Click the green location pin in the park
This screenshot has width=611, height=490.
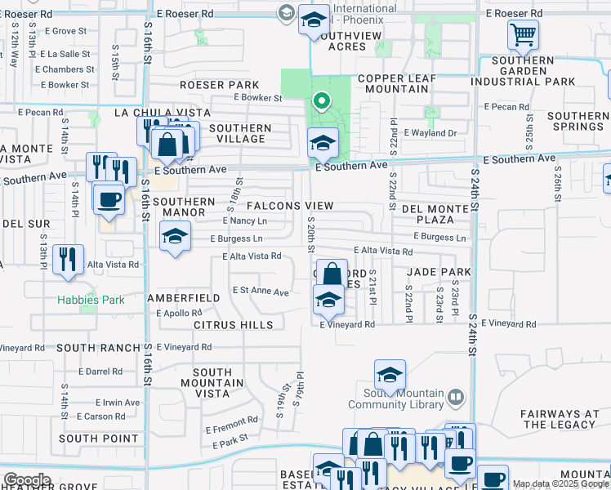[322, 102]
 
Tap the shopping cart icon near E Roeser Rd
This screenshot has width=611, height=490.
[523, 34]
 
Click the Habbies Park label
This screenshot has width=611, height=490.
[91, 300]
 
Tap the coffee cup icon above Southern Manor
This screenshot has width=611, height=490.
[109, 198]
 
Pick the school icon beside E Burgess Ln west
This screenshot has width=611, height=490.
[174, 238]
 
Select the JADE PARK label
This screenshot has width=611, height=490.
[433, 271]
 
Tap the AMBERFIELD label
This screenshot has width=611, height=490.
[183, 298]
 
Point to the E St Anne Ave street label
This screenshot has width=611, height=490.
[261, 292]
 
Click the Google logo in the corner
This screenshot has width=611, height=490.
[27, 480]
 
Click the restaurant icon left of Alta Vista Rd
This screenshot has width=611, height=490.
[68, 259]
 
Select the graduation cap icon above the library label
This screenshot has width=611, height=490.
[390, 375]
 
